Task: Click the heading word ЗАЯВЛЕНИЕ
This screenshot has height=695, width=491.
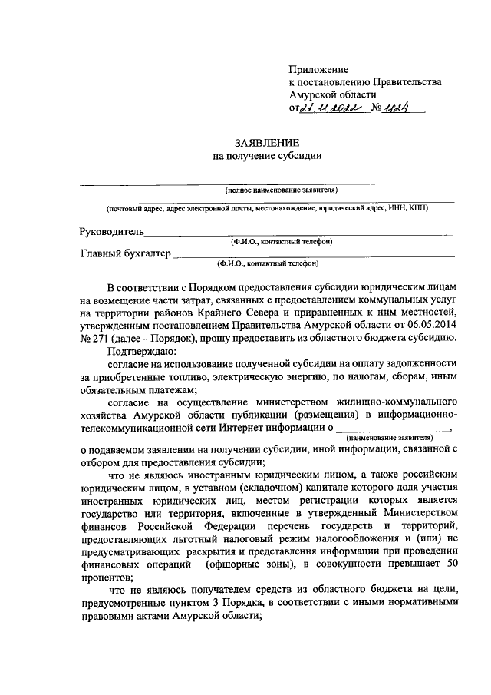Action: (x=266, y=143)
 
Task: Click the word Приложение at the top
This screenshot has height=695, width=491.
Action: (x=318, y=69)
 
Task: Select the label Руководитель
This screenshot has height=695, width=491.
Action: (x=111, y=231)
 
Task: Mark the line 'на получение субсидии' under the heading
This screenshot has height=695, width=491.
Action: (x=266, y=156)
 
